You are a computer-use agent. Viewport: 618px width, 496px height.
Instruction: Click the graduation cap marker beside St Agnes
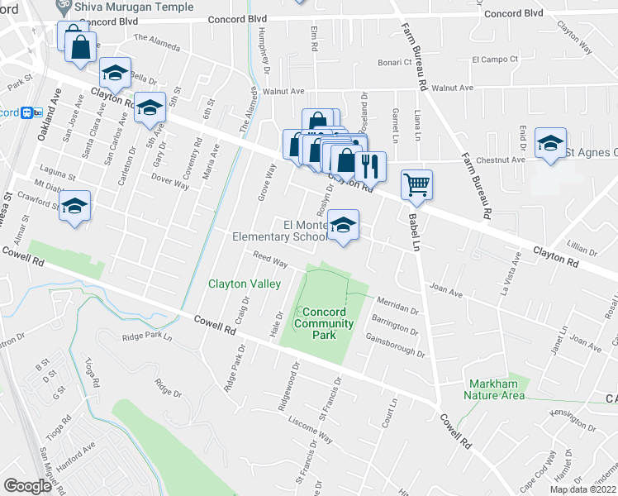[550, 143]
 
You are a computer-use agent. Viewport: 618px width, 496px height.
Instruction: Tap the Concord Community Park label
[324, 318]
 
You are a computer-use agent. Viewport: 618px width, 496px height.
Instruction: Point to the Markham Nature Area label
[497, 389]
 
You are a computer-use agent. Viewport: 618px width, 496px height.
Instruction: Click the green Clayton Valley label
[245, 284]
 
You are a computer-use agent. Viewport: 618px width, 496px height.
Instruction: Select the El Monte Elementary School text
[281, 231]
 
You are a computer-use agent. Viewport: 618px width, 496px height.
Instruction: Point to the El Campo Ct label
[494, 60]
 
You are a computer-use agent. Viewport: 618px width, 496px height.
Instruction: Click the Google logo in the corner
[27, 486]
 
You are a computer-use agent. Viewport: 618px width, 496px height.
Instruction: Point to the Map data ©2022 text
[582, 489]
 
